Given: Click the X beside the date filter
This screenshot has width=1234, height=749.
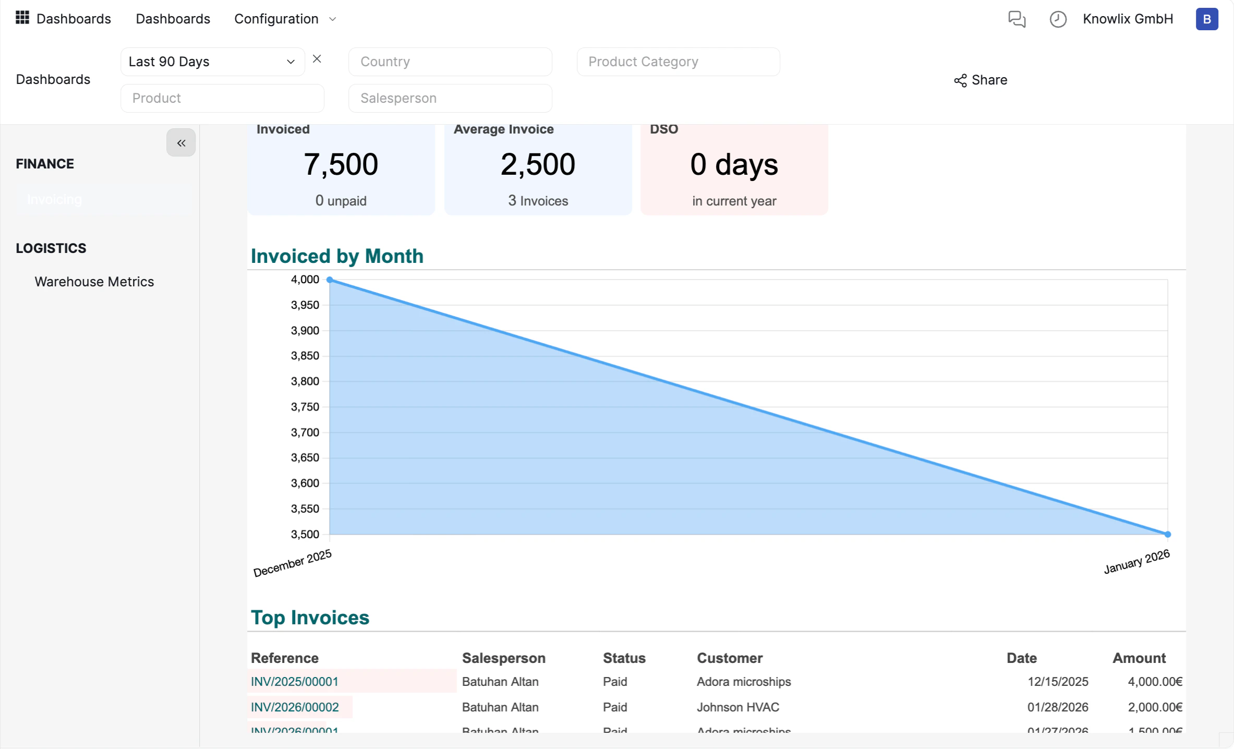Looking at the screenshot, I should click(x=317, y=59).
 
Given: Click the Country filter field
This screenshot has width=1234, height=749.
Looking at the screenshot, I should click(x=450, y=62).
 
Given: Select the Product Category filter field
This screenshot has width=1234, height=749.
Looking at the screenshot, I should click(x=678, y=62).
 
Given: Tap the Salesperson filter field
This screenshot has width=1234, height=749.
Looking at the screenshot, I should click(x=450, y=98).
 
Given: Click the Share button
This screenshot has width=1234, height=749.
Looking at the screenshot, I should click(x=981, y=80).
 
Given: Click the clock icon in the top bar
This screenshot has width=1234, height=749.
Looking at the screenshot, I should click(x=1058, y=19).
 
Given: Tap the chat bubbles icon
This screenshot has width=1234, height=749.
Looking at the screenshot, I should click(x=1017, y=19).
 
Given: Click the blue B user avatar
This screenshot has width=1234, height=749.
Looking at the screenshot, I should click(x=1206, y=19).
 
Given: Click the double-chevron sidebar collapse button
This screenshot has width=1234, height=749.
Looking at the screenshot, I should click(x=181, y=142).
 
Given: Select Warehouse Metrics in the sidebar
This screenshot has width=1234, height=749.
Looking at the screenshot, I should click(x=94, y=282).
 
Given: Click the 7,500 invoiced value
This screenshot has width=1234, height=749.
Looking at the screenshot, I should click(x=341, y=164).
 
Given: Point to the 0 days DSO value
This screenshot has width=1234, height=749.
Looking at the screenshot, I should click(x=734, y=164).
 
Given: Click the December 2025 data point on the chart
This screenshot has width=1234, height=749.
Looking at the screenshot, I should click(x=330, y=280).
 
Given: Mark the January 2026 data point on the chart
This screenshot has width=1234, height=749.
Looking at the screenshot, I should click(x=1168, y=534).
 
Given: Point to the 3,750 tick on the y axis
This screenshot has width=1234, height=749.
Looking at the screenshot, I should click(x=305, y=407).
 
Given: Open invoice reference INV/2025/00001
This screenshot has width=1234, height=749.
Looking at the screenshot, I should click(x=295, y=682).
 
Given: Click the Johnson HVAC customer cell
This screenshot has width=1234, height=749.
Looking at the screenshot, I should click(x=737, y=707).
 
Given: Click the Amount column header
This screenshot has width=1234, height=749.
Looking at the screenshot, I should click(x=1139, y=658).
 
